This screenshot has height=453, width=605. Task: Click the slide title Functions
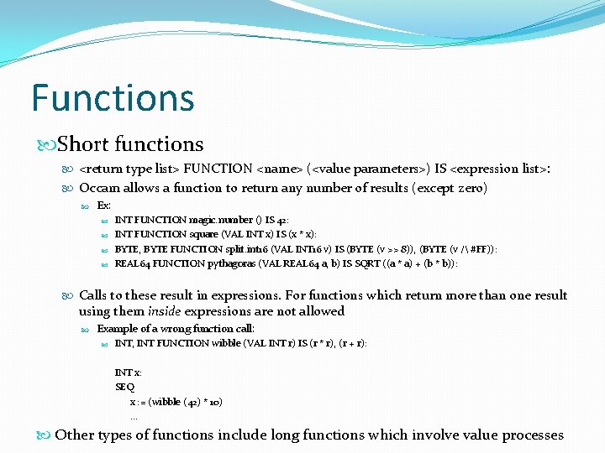tap(113, 97)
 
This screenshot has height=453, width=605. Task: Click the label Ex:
tap(104, 206)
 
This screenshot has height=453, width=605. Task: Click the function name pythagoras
tap(250, 263)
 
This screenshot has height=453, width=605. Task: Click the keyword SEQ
tap(124, 387)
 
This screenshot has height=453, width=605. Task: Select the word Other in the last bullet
tap(75, 435)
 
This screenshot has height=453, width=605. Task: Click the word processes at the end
tap(533, 435)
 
